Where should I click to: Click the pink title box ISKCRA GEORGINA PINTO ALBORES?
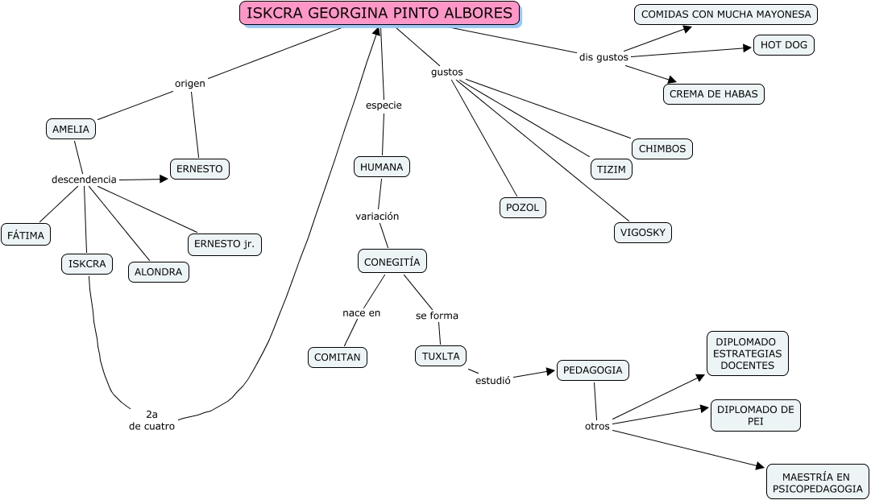pyautogui.click(x=379, y=13)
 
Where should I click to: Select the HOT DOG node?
pyautogui.click(x=784, y=45)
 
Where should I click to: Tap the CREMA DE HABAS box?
pyautogui.click(x=714, y=93)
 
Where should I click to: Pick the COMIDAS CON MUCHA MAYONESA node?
pyautogui.click(x=726, y=14)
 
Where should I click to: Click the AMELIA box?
pyautogui.click(x=71, y=129)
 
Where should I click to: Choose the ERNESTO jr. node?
pyautogui.click(x=225, y=244)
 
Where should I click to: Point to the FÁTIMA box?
pyautogui.click(x=26, y=234)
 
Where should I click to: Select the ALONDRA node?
pyautogui.click(x=159, y=272)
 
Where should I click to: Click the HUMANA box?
pyautogui.click(x=382, y=167)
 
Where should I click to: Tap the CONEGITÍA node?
pyautogui.click(x=392, y=262)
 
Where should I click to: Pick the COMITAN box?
pyautogui.click(x=338, y=357)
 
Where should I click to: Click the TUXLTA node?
pyautogui.click(x=441, y=356)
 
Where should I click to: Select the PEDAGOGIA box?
pyautogui.click(x=593, y=370)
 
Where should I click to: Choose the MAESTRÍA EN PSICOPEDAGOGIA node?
pyautogui.click(x=816, y=482)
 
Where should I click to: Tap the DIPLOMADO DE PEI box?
pyautogui.click(x=755, y=415)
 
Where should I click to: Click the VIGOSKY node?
pyautogui.click(x=642, y=233)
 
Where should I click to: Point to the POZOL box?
pyautogui.click(x=522, y=207)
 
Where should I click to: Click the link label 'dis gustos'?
pyautogui.click(x=603, y=56)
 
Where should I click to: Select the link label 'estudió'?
pyautogui.click(x=492, y=381)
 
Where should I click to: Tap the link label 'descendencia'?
pyautogui.click(x=84, y=180)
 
